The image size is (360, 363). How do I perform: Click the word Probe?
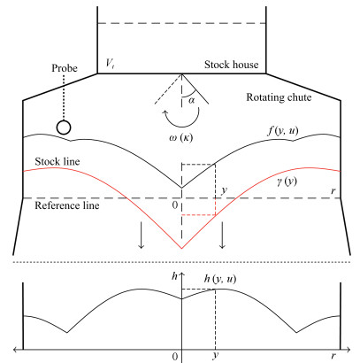pyautogui.click(x=65, y=68)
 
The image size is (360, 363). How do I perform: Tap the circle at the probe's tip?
pyautogui.click(x=64, y=127)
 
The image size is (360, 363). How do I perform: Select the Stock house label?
pyautogui.click(x=232, y=65)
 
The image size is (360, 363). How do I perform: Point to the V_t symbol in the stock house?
pyautogui.click(x=110, y=64)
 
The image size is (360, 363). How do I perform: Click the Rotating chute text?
pyautogui.click(x=279, y=97)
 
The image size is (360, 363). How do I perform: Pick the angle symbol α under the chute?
pyautogui.click(x=191, y=101)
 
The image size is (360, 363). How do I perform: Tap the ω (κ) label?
pyautogui.click(x=181, y=138)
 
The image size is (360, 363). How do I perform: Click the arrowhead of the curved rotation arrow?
pyautogui.click(x=165, y=112)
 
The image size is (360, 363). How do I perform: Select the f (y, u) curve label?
pyautogui.click(x=283, y=130)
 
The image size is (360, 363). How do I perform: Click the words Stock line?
pyautogui.click(x=57, y=161)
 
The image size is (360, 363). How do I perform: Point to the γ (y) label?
pyautogui.click(x=287, y=181)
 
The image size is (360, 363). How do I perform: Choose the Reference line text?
pyautogui.click(x=67, y=205)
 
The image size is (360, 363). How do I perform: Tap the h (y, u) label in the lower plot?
pyautogui.click(x=220, y=279)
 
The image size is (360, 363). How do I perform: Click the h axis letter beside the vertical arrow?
pyautogui.click(x=175, y=276)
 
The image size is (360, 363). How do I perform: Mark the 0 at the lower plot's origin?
pyautogui.click(x=175, y=357)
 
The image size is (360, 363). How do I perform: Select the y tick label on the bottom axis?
pyautogui.click(x=216, y=355)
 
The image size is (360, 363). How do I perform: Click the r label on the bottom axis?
pyautogui.click(x=333, y=355)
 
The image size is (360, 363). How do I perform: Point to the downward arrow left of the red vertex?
pyautogui.click(x=142, y=236)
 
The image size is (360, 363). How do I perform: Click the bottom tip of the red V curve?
pyautogui.click(x=181, y=249)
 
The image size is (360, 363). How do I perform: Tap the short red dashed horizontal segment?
pyautogui.click(x=198, y=215)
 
